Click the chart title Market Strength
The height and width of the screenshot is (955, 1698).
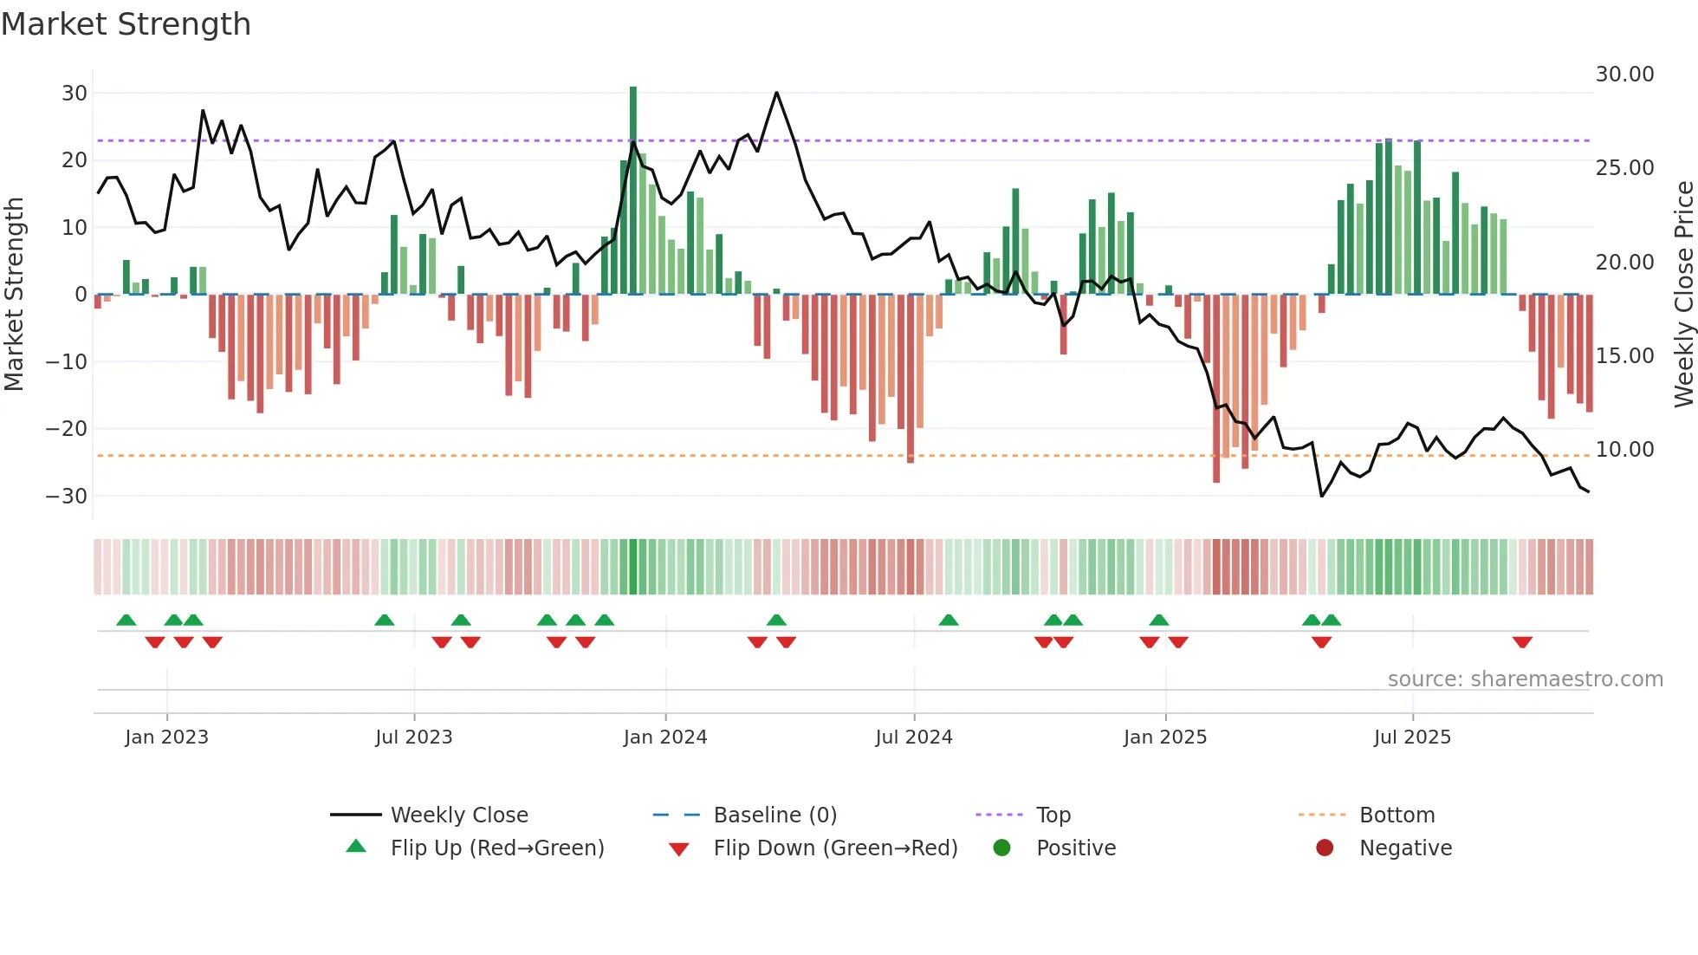[x=126, y=24]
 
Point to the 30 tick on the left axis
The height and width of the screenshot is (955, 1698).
[x=75, y=94]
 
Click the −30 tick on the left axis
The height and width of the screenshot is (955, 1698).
[x=67, y=497]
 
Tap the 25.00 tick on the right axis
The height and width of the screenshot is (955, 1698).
[x=1624, y=168]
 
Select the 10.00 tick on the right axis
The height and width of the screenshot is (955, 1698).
[x=1624, y=450]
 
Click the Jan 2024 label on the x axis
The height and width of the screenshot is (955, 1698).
[x=665, y=737]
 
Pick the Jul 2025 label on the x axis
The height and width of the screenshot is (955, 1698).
[x=1412, y=737]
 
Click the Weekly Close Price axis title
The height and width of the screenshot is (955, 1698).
[x=1683, y=295]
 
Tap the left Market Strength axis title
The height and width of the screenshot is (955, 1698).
[x=14, y=295]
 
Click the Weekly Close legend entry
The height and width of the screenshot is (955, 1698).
[x=458, y=815]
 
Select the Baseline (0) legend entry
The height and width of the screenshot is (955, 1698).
[x=774, y=815]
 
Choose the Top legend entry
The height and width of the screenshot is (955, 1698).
[x=1053, y=815]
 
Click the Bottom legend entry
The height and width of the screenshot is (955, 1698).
[x=1397, y=815]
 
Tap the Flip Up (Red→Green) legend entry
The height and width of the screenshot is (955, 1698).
[x=496, y=848]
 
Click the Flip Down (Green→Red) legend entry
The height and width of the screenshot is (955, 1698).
[x=835, y=848]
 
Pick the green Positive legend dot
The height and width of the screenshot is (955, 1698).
[x=1002, y=848]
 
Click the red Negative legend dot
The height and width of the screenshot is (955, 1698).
[x=1325, y=848]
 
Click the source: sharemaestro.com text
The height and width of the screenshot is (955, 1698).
[x=1525, y=679]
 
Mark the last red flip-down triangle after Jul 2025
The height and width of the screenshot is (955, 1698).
[x=1522, y=642]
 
